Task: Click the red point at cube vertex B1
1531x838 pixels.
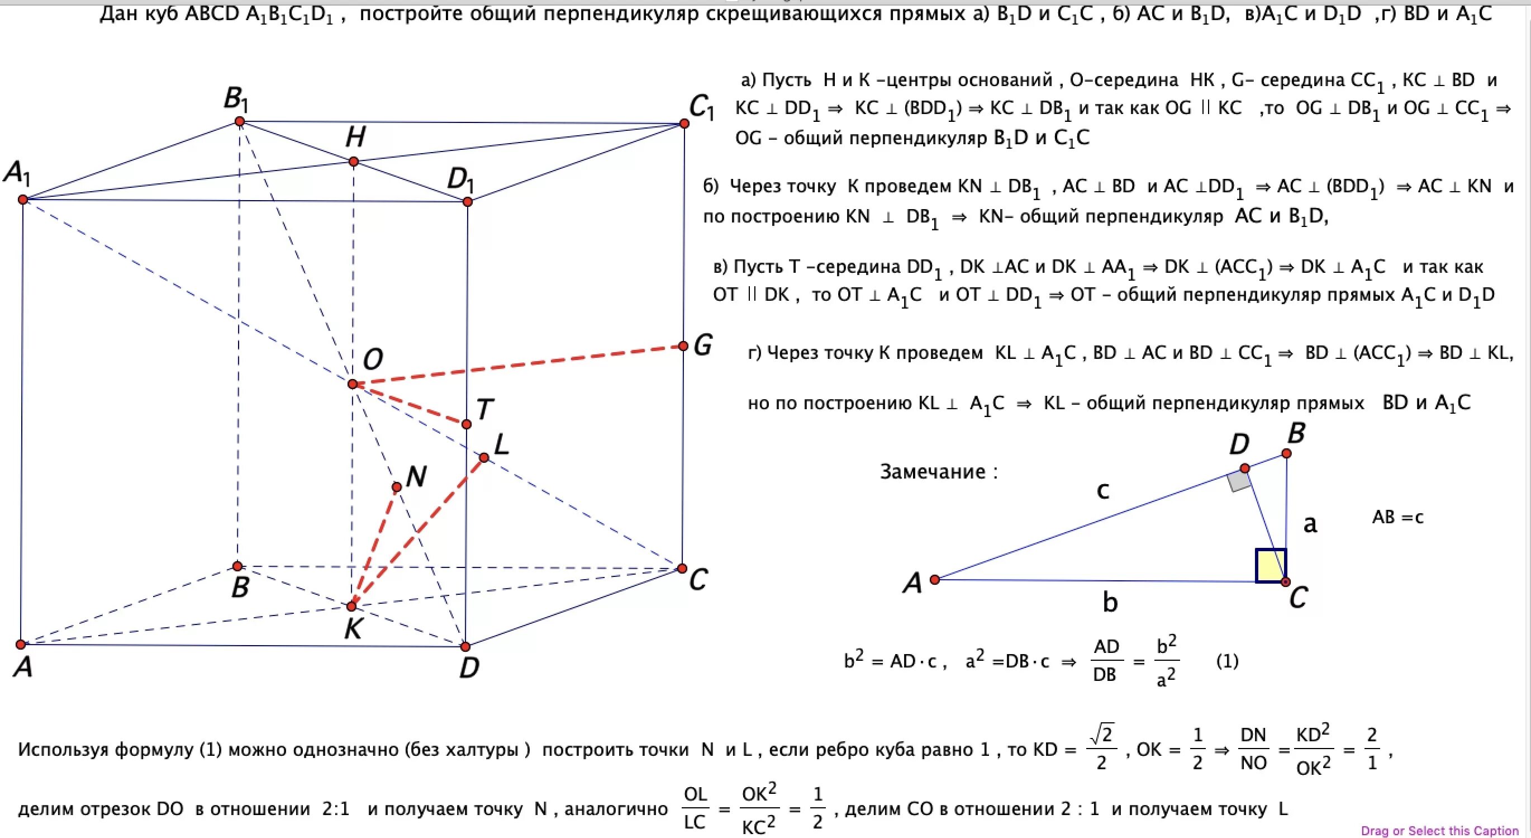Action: coord(240,122)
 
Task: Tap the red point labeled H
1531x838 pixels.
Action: coord(354,162)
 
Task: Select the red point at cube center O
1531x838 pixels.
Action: coord(353,384)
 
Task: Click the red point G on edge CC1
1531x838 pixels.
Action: coord(683,346)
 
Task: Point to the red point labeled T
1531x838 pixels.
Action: coord(467,424)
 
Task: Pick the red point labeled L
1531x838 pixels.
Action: coord(484,457)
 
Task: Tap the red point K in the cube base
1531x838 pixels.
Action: coord(351,606)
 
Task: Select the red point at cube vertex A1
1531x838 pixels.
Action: coord(22,199)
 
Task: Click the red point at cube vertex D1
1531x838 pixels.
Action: coord(467,202)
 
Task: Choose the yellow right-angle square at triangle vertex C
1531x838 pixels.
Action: coord(1270,565)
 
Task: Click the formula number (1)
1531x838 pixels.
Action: coord(1227,661)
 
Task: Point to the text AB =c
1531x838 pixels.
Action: coord(1397,517)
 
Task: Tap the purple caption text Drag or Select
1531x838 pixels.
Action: coord(1439,831)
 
